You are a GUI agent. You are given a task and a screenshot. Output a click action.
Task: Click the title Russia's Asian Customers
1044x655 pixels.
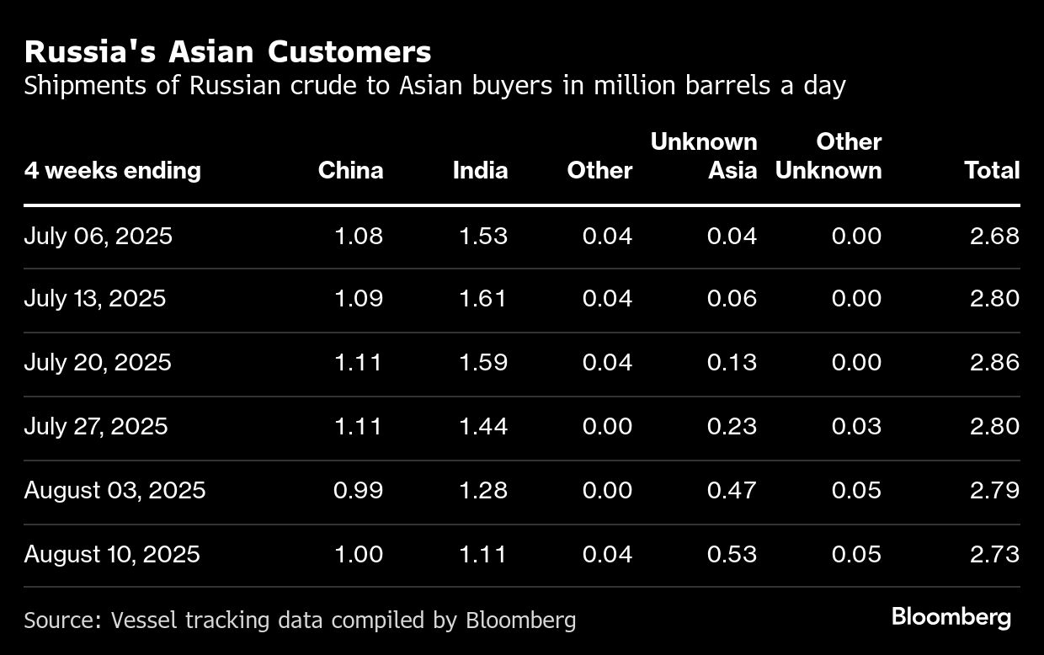[227, 52]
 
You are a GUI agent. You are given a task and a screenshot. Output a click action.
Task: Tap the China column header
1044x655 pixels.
[350, 171]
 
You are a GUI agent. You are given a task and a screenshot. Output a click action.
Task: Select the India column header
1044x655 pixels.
[480, 171]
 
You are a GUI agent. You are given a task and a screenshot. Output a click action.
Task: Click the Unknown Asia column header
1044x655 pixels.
[704, 157]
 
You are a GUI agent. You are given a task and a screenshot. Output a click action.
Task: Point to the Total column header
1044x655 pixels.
[992, 171]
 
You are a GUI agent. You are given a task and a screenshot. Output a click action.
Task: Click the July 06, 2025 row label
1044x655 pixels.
[98, 236]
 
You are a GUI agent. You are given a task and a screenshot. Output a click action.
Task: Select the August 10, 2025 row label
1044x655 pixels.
[112, 554]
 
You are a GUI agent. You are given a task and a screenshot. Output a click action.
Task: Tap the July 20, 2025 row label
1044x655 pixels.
[98, 362]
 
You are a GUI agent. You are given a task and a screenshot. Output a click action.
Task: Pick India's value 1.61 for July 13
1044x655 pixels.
[483, 299]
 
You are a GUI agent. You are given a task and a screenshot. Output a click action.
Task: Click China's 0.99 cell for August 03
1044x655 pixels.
[358, 490]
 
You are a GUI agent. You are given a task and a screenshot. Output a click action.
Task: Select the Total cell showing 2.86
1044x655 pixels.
[994, 362]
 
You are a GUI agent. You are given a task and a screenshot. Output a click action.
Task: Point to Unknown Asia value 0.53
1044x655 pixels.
[732, 554]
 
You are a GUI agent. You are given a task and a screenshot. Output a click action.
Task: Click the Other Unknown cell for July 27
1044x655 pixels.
[856, 426]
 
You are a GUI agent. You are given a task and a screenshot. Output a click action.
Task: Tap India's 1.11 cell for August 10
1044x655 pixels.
[483, 554]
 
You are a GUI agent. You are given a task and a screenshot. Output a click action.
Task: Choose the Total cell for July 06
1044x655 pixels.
[994, 236]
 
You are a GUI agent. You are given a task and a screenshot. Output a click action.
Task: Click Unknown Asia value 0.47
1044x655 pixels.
[732, 490]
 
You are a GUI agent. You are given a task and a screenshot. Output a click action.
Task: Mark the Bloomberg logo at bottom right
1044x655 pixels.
[951, 617]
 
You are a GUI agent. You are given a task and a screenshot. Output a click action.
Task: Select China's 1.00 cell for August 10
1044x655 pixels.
[359, 554]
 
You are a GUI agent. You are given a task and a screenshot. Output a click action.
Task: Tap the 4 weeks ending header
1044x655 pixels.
[113, 171]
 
